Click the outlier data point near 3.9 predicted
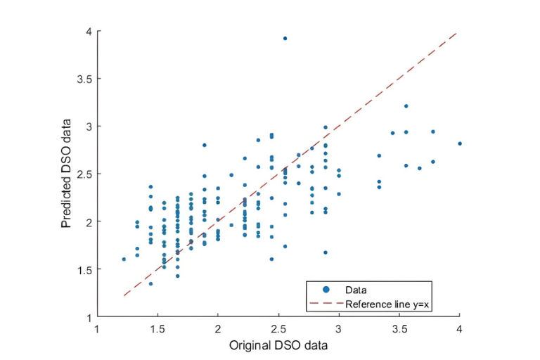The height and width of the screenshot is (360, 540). point(285,38)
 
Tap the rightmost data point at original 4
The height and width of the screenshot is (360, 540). point(460,143)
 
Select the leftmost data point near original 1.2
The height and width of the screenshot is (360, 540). point(124,259)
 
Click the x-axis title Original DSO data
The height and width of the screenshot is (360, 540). point(278,346)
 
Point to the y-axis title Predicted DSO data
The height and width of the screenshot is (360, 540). point(66,174)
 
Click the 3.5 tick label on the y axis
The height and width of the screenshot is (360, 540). point(83,79)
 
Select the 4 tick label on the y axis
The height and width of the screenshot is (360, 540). point(88,32)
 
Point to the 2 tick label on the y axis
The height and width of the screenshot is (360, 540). point(88,221)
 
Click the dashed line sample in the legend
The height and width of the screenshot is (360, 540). point(326,304)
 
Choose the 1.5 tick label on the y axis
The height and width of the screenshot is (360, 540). point(83,269)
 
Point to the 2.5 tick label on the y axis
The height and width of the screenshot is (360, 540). point(83,174)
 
